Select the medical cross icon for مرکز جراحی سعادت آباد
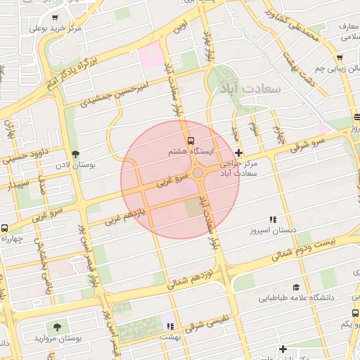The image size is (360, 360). pyautogui.click(x=239, y=153)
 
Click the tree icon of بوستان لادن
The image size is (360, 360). pyautogui.click(x=75, y=155)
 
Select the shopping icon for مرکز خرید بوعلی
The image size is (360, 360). pyautogui.click(x=56, y=18)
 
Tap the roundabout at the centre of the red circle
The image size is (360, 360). pyautogui.click(x=199, y=173)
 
